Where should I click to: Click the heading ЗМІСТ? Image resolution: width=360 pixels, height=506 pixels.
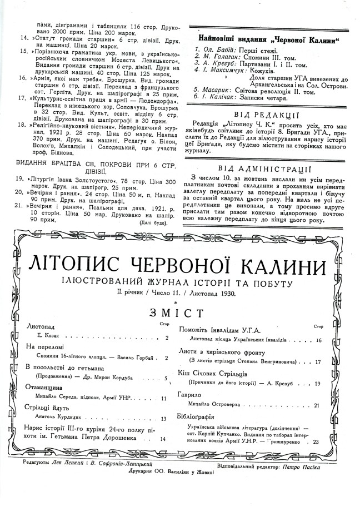pyautogui.click(x=181, y=313)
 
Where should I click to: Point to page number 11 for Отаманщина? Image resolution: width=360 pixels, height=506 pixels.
pyautogui.click(x=163, y=398)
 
